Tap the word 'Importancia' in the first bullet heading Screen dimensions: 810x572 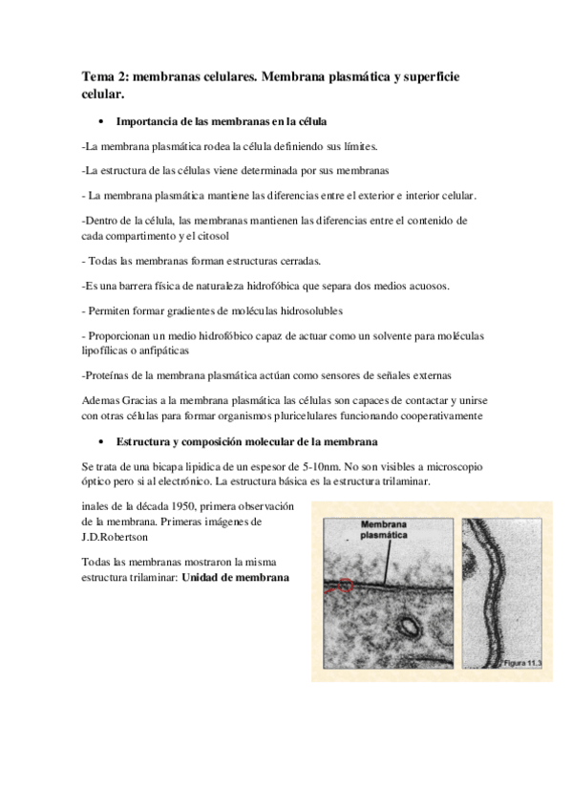click(x=145, y=122)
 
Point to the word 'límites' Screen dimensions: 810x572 click(x=356, y=147)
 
